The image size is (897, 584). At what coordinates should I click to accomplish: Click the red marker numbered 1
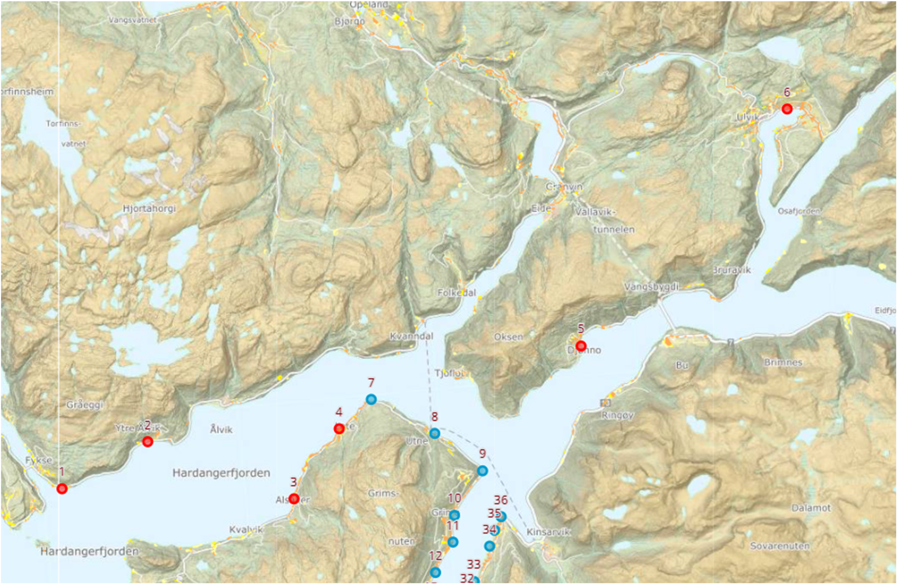click(x=62, y=488)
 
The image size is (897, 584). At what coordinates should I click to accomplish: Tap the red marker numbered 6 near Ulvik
click(x=787, y=109)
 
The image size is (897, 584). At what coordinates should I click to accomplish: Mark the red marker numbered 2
click(x=147, y=442)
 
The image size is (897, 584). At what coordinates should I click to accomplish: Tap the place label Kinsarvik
click(x=548, y=532)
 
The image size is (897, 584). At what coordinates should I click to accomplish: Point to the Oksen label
click(x=508, y=337)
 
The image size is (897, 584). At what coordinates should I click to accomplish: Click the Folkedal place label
click(x=456, y=293)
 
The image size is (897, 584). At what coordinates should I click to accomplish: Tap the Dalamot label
click(x=811, y=508)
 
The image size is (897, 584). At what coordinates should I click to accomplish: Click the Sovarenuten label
click(x=779, y=546)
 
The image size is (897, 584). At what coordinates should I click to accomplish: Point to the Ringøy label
click(x=617, y=415)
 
